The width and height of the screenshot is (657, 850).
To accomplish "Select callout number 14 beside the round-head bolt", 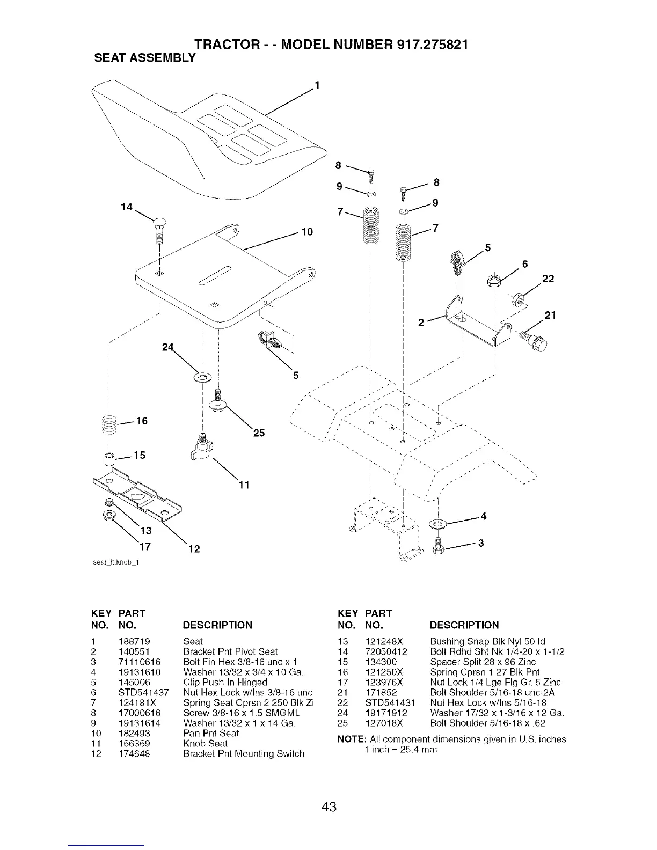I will (x=127, y=207).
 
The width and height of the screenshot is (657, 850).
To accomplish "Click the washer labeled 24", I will (x=203, y=378).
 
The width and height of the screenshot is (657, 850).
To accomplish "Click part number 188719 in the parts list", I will (x=134, y=641).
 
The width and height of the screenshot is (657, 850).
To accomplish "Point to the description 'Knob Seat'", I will (x=206, y=743).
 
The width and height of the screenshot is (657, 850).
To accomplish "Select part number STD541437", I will (x=143, y=692).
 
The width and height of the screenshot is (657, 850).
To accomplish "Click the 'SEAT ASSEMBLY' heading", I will (x=140, y=57).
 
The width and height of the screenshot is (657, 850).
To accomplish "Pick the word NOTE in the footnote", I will (x=349, y=739).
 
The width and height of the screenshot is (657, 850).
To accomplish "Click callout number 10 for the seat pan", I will (x=307, y=232).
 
